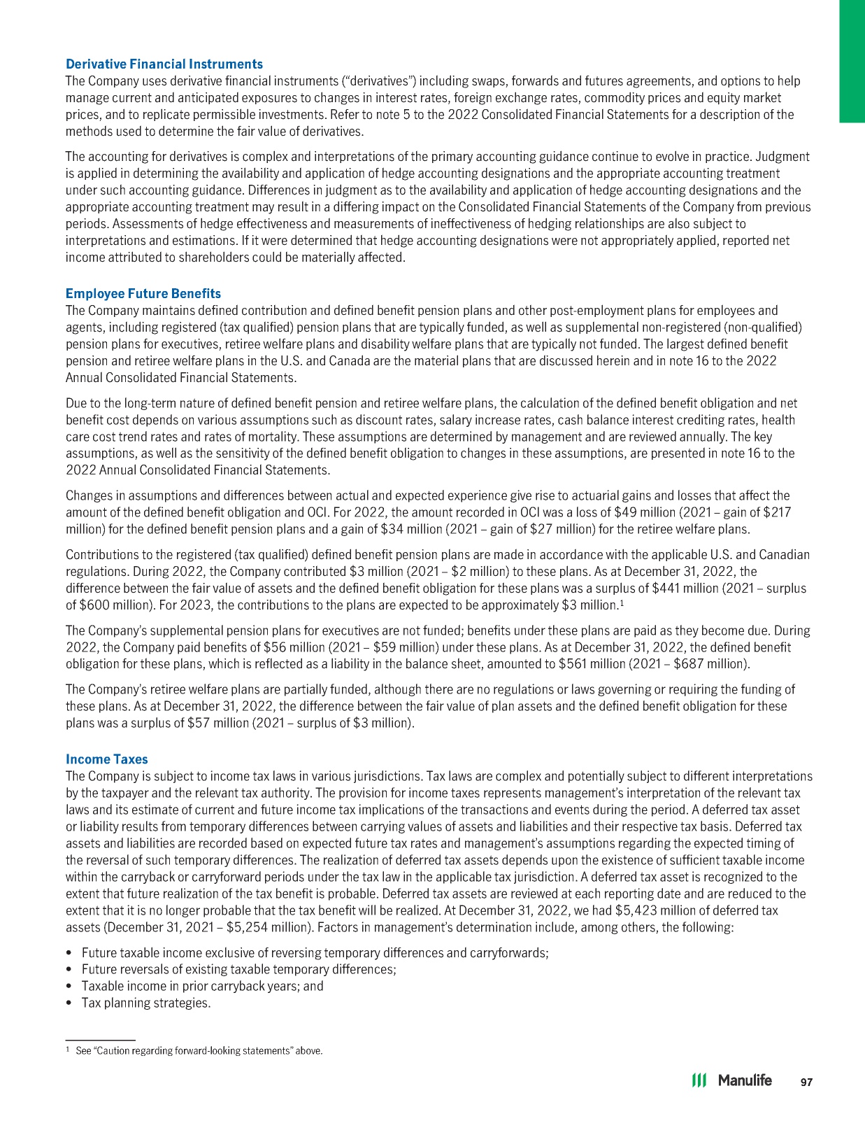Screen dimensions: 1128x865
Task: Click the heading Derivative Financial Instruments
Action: (x=164, y=64)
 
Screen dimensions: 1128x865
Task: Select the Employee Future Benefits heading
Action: (x=143, y=293)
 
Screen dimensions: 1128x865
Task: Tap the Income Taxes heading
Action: (x=107, y=759)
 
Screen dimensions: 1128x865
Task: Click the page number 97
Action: (x=807, y=1082)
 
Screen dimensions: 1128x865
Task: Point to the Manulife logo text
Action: (x=745, y=1080)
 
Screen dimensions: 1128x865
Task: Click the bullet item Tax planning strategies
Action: (x=146, y=1003)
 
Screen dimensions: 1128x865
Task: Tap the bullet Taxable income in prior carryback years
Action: (x=202, y=986)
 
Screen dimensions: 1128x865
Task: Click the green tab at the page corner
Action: (x=852, y=61)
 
